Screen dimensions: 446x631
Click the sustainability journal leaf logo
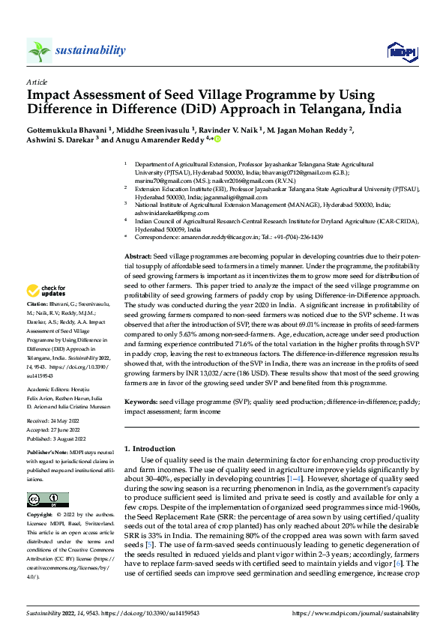point(39,50)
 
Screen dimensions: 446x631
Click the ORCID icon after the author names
point(218,139)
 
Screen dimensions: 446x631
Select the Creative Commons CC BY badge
point(43,499)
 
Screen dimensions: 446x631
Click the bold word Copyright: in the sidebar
point(41,516)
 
